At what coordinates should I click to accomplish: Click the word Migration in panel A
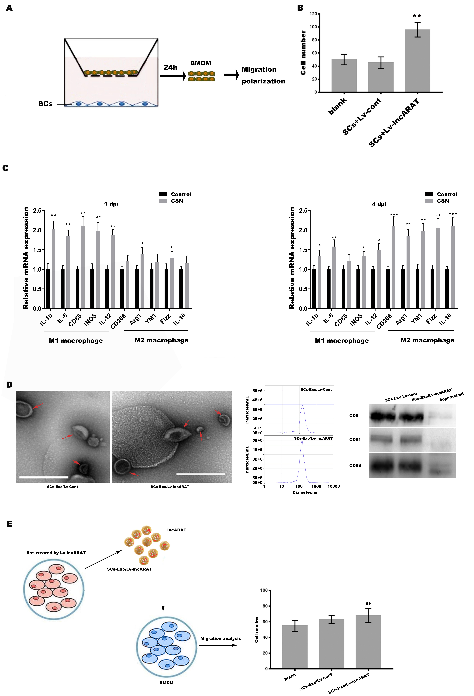[259, 69]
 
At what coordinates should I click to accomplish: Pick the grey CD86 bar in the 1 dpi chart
[83, 267]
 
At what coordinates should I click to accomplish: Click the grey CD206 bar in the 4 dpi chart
[393, 267]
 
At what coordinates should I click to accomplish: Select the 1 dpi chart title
[111, 204]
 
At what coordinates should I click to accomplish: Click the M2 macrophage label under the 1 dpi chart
[161, 340]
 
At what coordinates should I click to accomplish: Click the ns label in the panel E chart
[368, 603]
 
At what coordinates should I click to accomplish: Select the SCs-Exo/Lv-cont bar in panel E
[331, 644]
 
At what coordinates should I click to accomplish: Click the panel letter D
[9, 385]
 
